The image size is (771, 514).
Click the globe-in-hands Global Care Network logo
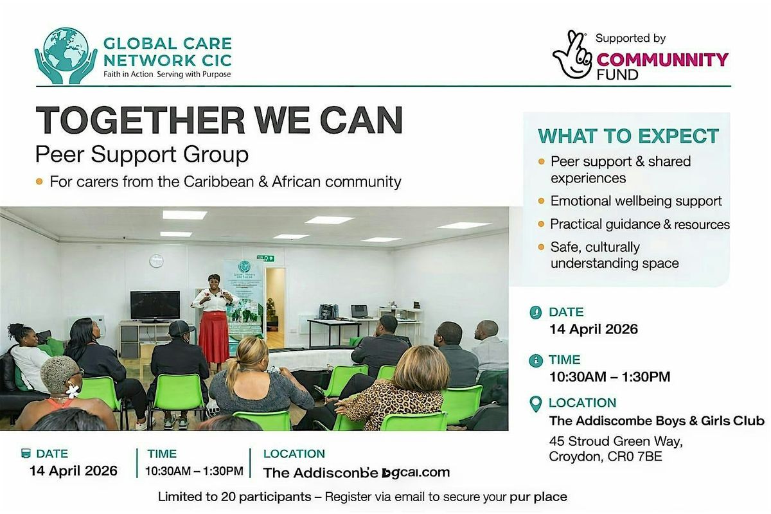66,56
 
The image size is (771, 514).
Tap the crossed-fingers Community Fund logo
572,55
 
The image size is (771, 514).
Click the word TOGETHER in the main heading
140,120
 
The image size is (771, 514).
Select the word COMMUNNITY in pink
662,60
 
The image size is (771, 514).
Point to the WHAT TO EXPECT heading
628,136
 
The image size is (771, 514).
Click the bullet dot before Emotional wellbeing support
541,200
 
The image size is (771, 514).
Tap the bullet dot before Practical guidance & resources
541,224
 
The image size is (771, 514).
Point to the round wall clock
156,261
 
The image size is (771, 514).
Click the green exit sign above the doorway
265,258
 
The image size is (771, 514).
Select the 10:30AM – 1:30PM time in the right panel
610,377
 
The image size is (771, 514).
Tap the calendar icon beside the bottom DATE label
26,454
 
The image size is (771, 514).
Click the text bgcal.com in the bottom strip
416,472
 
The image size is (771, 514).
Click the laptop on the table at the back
359,311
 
